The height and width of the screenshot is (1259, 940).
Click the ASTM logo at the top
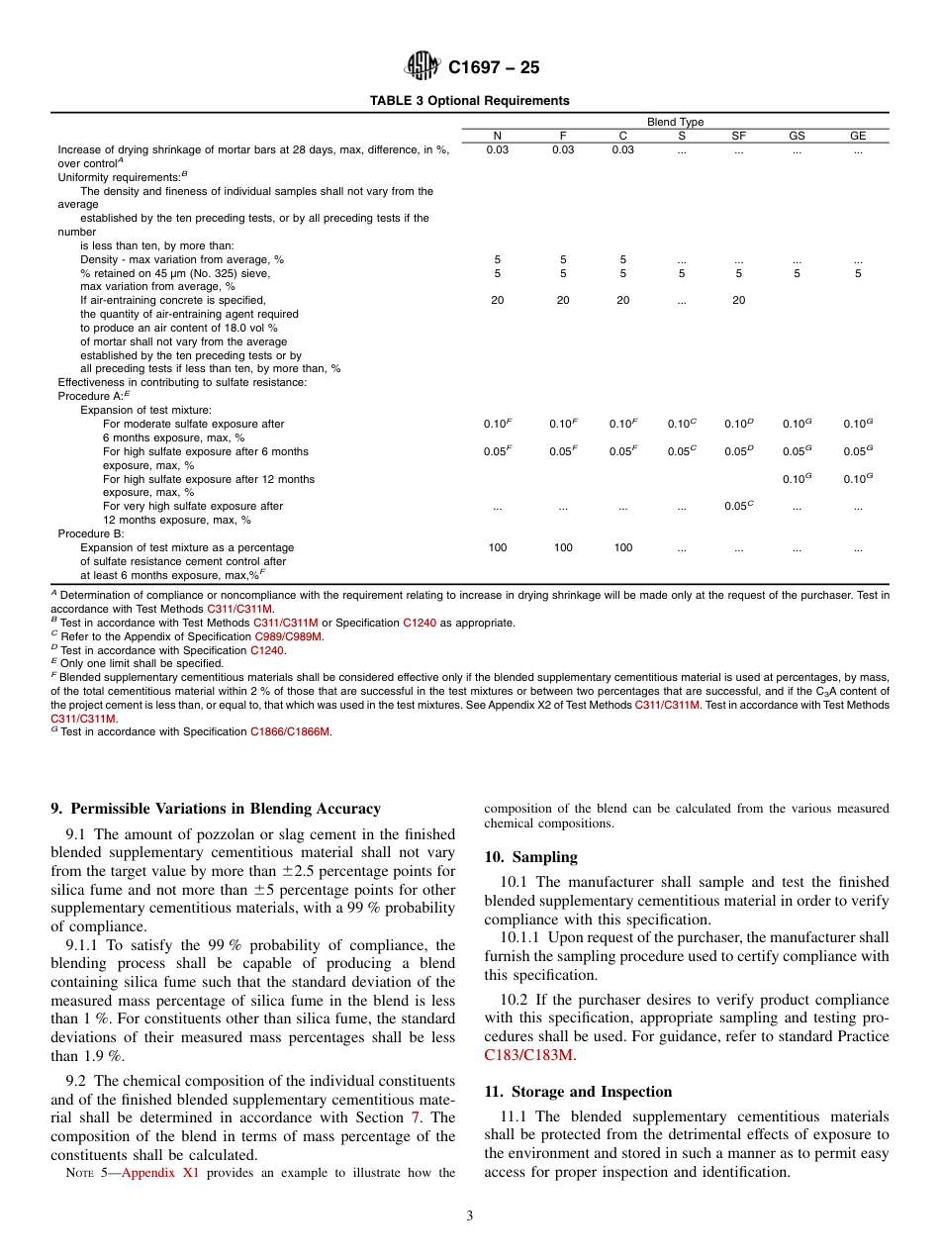coord(422,67)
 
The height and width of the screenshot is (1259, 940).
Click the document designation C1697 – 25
coord(494,68)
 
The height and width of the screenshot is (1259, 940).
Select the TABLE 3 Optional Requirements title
coord(469,101)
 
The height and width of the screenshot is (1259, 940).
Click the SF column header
coord(738,136)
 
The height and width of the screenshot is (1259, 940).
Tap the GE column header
coord(858,136)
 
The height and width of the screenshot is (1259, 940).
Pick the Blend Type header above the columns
coord(676,122)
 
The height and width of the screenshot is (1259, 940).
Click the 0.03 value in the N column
coord(498,150)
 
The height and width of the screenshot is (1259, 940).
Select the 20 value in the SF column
coord(738,301)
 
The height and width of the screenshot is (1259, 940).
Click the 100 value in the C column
coord(622,547)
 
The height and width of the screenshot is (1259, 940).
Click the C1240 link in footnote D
coord(266,650)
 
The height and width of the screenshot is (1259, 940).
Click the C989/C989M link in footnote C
coord(288,636)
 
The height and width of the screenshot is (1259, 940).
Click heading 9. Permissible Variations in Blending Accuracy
coord(216,809)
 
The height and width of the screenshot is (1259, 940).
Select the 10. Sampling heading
coord(530,857)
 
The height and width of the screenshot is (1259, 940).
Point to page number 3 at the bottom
coord(470,1216)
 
